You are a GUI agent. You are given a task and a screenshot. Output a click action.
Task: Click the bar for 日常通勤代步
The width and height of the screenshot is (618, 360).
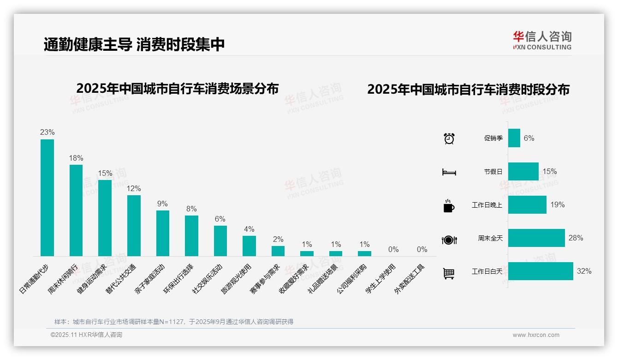pyautogui.click(x=47, y=198)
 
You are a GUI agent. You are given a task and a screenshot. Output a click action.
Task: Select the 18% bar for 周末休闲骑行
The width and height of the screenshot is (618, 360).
pyautogui.click(x=76, y=210)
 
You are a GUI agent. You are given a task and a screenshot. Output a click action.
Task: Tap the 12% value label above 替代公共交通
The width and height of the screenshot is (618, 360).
pyautogui.click(x=134, y=189)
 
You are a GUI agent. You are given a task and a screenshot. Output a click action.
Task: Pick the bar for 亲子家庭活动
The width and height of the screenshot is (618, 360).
pyautogui.click(x=162, y=233)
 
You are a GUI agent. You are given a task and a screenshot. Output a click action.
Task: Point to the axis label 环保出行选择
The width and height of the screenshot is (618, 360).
pyautogui.click(x=179, y=279)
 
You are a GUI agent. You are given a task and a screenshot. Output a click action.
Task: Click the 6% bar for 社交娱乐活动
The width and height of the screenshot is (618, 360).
pyautogui.click(x=220, y=240)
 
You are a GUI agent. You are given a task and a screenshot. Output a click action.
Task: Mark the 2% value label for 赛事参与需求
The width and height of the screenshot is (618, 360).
pyautogui.click(x=278, y=240)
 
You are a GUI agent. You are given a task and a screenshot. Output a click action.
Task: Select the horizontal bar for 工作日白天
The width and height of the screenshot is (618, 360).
pyautogui.click(x=541, y=271)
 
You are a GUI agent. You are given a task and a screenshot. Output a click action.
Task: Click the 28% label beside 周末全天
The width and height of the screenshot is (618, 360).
pyautogui.click(x=576, y=238)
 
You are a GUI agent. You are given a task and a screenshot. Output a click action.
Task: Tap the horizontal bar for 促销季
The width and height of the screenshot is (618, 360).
pyautogui.click(x=514, y=138)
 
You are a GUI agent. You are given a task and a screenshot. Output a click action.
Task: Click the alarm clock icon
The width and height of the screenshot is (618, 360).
pyautogui.click(x=449, y=138)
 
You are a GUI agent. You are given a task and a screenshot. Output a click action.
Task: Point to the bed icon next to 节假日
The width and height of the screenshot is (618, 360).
pyautogui.click(x=449, y=172)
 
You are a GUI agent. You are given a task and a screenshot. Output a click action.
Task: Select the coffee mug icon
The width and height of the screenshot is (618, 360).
pyautogui.click(x=449, y=206)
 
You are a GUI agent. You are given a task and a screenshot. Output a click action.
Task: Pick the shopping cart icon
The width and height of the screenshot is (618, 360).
pyautogui.click(x=449, y=273)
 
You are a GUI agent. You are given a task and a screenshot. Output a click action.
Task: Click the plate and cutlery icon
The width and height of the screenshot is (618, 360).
pyautogui.click(x=449, y=240)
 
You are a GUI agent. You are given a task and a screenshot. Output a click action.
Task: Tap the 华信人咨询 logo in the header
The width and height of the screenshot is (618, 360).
pyautogui.click(x=542, y=40)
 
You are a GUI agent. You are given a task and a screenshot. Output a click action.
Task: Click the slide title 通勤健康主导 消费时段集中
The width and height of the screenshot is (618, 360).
pyautogui.click(x=134, y=44)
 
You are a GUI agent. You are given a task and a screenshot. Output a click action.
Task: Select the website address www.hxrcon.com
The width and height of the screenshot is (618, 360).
pyautogui.click(x=536, y=335)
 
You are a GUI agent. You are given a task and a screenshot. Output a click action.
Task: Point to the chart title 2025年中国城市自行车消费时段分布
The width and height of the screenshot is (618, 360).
pyautogui.click(x=468, y=89)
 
